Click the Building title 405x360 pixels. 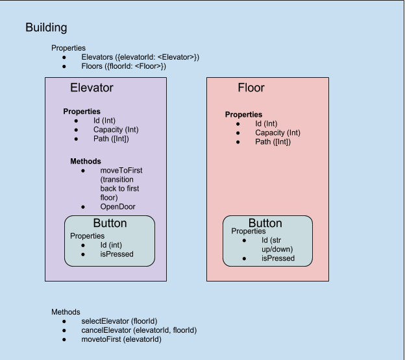pos(46,28)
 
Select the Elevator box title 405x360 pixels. pos(92,88)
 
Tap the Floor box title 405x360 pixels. pos(251,88)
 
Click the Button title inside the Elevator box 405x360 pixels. pos(110,224)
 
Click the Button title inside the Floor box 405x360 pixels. pos(265,224)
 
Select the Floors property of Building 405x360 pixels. pos(123,66)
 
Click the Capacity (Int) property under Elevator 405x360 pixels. pos(116,130)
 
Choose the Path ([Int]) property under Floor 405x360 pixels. pos(273,142)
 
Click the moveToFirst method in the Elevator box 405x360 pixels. pos(120,170)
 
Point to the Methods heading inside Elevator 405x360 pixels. pos(85,161)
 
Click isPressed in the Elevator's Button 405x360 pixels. pos(116,254)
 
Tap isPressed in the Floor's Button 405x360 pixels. pos(278,258)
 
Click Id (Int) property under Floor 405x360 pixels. pos(266,124)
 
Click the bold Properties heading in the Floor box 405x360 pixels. pos(243,115)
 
